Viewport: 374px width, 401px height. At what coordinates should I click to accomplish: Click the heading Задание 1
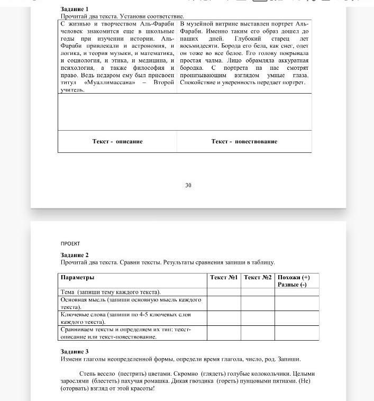(x=75, y=10)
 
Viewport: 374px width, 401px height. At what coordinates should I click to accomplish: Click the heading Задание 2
(x=75, y=255)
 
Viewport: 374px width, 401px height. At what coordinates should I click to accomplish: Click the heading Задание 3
(x=75, y=351)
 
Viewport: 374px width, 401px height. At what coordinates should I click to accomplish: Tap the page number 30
(x=188, y=185)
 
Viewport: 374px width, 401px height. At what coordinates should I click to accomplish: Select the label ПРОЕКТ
(x=70, y=243)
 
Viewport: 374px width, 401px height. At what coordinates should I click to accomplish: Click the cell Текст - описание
(x=117, y=141)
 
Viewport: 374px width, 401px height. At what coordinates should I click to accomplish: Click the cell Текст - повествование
(x=244, y=141)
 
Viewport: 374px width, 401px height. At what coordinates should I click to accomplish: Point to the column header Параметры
(x=77, y=278)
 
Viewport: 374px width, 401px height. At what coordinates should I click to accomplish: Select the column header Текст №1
(x=224, y=278)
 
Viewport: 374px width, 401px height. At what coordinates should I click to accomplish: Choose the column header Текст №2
(x=258, y=278)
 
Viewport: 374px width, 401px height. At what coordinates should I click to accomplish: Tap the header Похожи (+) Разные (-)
(x=294, y=281)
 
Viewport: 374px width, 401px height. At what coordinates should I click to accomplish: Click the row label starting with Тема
(x=111, y=292)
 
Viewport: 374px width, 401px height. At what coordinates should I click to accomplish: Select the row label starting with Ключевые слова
(x=126, y=318)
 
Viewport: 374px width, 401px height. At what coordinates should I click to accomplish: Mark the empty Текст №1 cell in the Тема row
(x=224, y=292)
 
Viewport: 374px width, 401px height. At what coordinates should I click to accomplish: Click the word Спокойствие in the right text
(x=199, y=83)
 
